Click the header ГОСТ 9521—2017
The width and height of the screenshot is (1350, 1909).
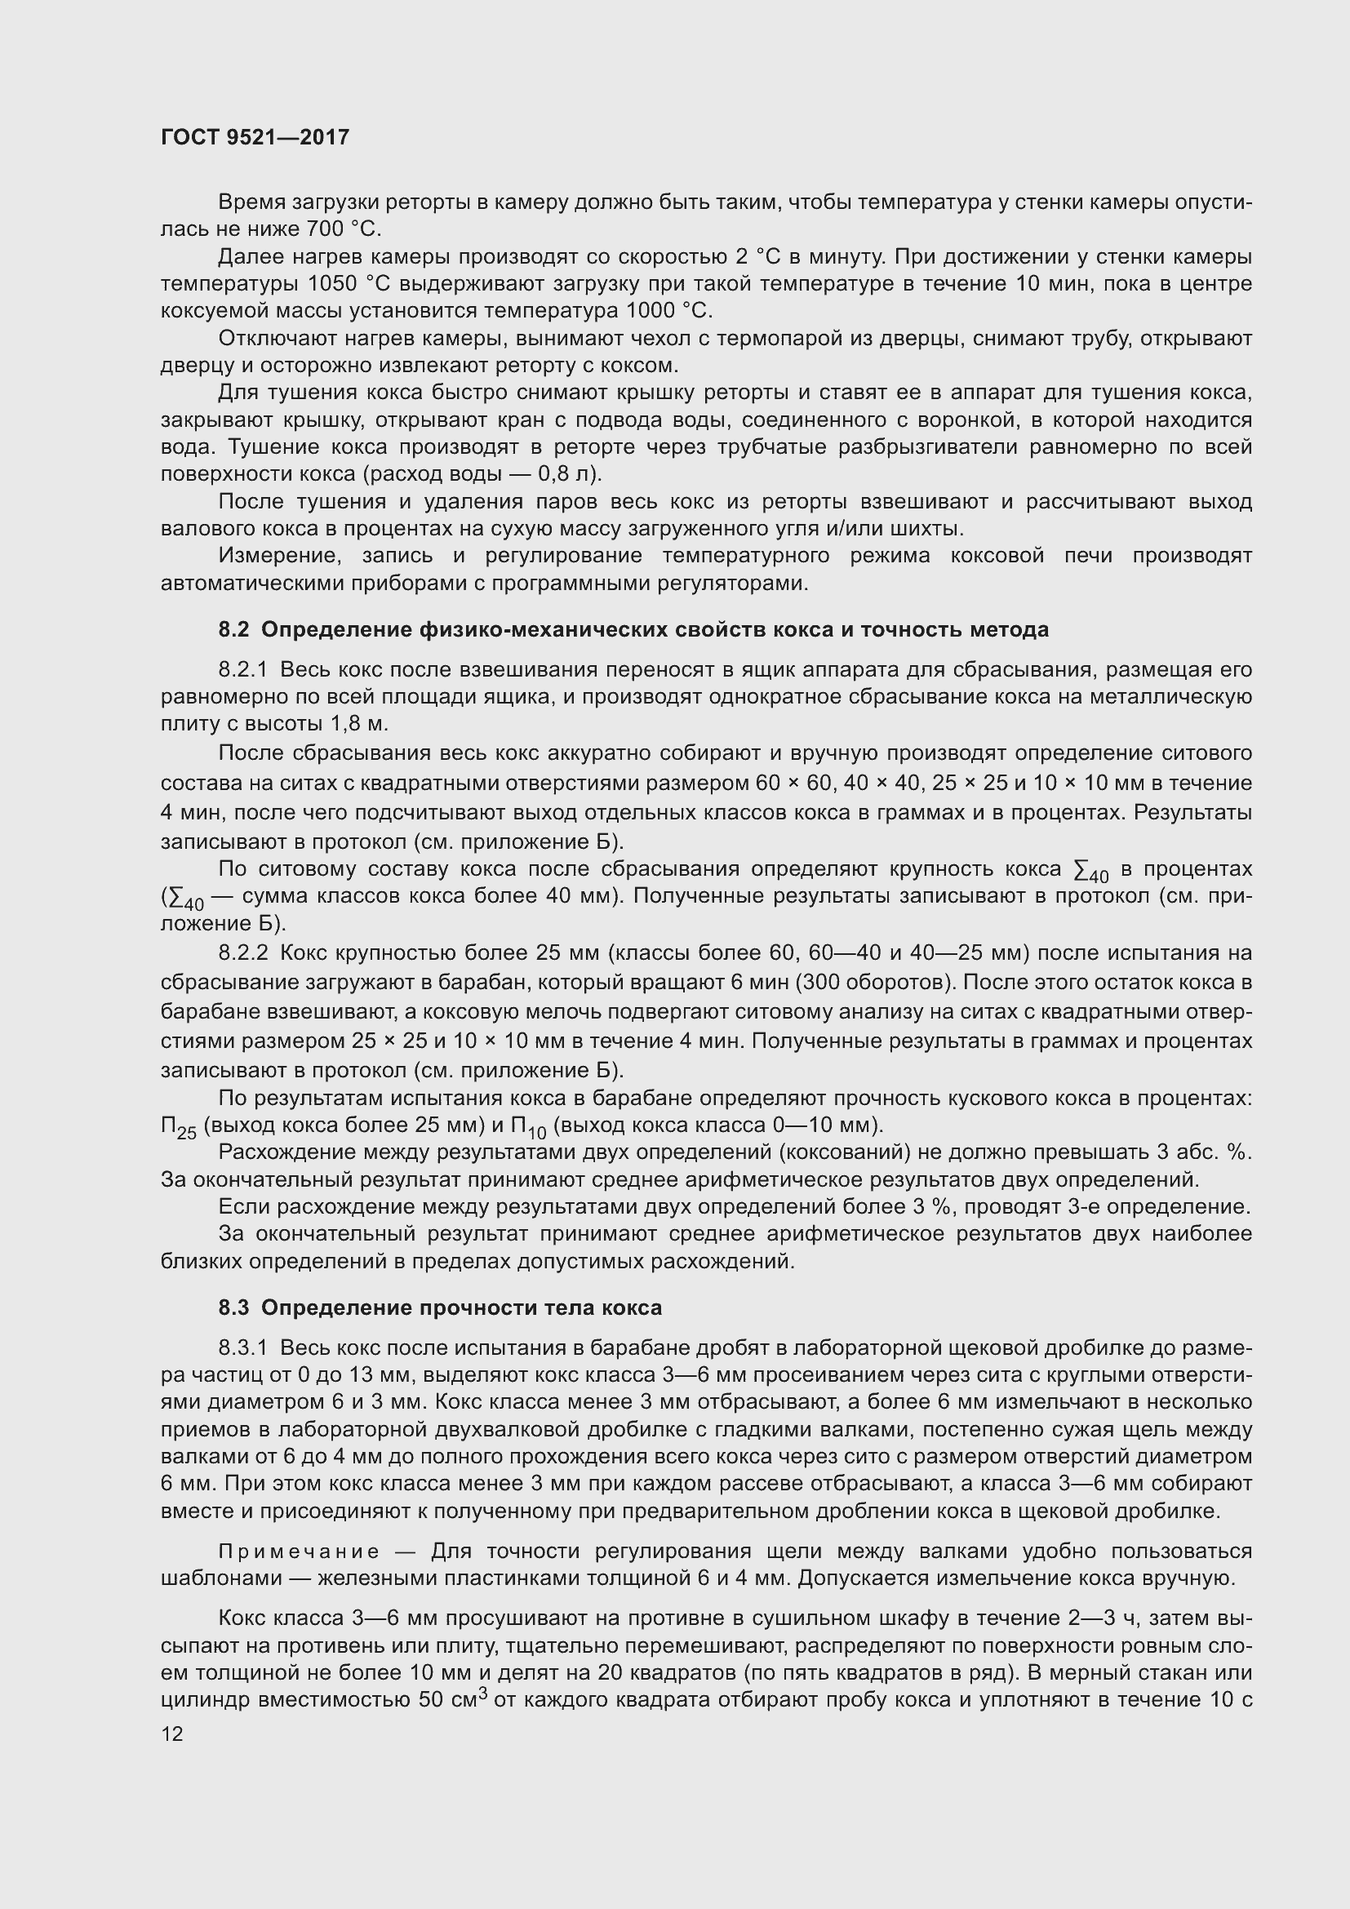[255, 137]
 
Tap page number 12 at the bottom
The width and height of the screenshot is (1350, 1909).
[172, 1734]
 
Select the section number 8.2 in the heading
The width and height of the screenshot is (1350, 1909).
[233, 629]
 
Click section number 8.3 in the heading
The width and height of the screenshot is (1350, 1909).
[233, 1307]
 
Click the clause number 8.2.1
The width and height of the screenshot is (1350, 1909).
[242, 670]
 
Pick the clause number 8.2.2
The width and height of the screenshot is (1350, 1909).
[242, 952]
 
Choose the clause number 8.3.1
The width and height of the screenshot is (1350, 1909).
[242, 1347]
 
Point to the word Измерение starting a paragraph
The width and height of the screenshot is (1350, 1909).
[268, 556]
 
